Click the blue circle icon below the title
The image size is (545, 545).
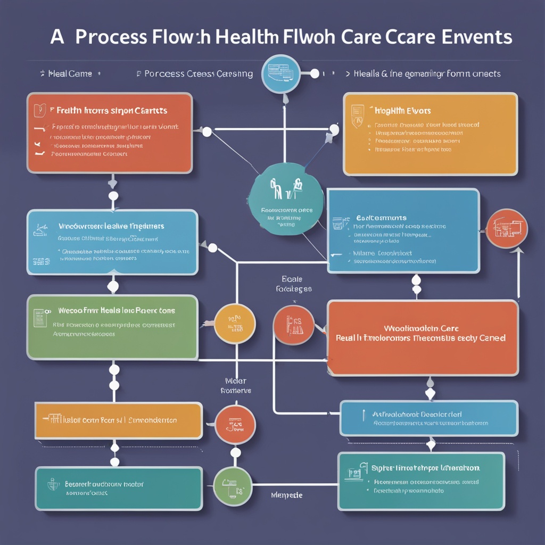pos(281,73)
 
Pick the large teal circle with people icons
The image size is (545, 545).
pos(286,197)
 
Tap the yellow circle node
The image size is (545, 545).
pos(235,323)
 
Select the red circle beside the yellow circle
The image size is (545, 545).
pos(293,325)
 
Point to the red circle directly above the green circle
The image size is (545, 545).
pos(235,424)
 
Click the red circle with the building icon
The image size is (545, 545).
pos(507,228)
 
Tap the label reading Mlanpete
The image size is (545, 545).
pos(287,495)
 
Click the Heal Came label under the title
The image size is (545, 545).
pos(70,73)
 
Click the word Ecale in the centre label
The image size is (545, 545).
pos(292,279)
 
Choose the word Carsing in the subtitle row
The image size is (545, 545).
pos(235,73)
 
